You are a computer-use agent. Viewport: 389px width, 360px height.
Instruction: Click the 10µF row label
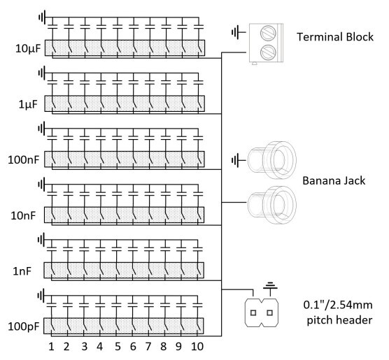[x=28, y=49]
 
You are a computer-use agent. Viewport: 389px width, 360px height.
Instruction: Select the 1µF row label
[x=28, y=104]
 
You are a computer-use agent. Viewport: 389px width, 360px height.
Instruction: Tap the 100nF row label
[x=24, y=160]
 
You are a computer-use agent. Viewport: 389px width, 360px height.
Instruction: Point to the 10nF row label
[x=23, y=216]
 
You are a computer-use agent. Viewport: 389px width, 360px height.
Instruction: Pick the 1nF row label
[x=22, y=271]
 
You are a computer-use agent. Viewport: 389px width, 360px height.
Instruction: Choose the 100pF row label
[x=24, y=326]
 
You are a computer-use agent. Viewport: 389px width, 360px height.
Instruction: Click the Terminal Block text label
[x=335, y=37]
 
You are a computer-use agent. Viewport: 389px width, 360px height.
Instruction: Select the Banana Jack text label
[x=334, y=180]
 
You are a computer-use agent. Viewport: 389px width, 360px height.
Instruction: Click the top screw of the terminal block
[x=268, y=33]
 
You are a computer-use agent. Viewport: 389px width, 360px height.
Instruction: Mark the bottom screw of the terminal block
[x=268, y=52]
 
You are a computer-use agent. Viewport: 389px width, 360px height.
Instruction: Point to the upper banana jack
[x=272, y=160]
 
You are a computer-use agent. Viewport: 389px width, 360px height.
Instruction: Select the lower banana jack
[x=272, y=205]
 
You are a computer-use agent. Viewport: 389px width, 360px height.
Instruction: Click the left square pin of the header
[x=253, y=312]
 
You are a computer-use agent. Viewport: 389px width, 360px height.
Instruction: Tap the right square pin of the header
[x=269, y=312]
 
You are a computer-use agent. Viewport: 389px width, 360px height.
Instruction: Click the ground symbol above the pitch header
[x=270, y=286]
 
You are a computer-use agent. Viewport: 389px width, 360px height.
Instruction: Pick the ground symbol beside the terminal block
[x=239, y=32]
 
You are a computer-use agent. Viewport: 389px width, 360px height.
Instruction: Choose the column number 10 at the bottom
[x=197, y=346]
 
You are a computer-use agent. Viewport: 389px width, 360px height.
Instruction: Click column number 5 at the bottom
[x=118, y=346]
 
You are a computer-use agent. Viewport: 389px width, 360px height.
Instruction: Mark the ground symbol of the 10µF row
[x=42, y=17]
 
